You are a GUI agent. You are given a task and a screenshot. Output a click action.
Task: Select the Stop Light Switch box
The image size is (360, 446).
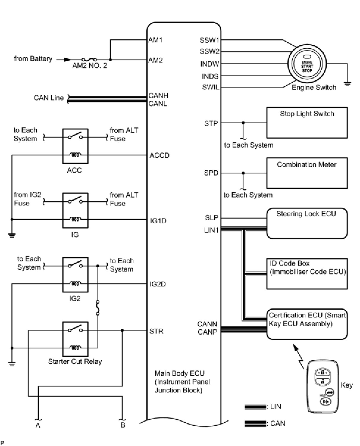coord(307,123)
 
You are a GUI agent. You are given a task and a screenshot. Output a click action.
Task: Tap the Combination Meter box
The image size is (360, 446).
coord(307,173)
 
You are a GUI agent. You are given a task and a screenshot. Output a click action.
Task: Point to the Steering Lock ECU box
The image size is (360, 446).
coord(307,223)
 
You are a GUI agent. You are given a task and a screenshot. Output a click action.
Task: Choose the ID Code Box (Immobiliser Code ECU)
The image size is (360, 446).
coord(307,274)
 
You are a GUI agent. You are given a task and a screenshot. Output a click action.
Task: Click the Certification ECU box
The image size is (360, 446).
coord(307,324)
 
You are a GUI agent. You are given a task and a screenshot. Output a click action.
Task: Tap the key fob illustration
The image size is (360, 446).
coord(323,386)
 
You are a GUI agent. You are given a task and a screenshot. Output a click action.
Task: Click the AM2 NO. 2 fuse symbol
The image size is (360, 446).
coord(89,60)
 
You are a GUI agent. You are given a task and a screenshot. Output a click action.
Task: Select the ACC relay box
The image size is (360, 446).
coord(75,146)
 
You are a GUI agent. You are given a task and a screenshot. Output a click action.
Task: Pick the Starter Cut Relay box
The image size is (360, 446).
coord(75,339)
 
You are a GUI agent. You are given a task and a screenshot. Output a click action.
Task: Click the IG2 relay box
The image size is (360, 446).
coord(75,275)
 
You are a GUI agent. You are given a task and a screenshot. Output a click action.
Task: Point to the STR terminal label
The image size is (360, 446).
coord(156,331)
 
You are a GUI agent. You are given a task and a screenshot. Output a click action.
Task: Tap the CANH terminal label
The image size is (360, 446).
coord(158,96)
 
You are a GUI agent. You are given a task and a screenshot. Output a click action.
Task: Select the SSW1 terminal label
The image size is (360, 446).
coord(209,40)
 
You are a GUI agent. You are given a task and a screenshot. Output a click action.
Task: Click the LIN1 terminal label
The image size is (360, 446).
coord(211,230)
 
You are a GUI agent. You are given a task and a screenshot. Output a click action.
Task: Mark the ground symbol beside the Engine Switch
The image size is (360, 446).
coord(347,84)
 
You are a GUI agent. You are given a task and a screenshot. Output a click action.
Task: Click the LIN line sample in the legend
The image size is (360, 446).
coord(255,407)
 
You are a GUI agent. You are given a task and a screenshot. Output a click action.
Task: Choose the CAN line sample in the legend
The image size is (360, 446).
coord(255,424)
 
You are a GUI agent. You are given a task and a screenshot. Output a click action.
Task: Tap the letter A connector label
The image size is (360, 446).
coord(38,425)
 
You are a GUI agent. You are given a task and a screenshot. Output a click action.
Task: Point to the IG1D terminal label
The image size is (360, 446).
coord(158,221)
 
